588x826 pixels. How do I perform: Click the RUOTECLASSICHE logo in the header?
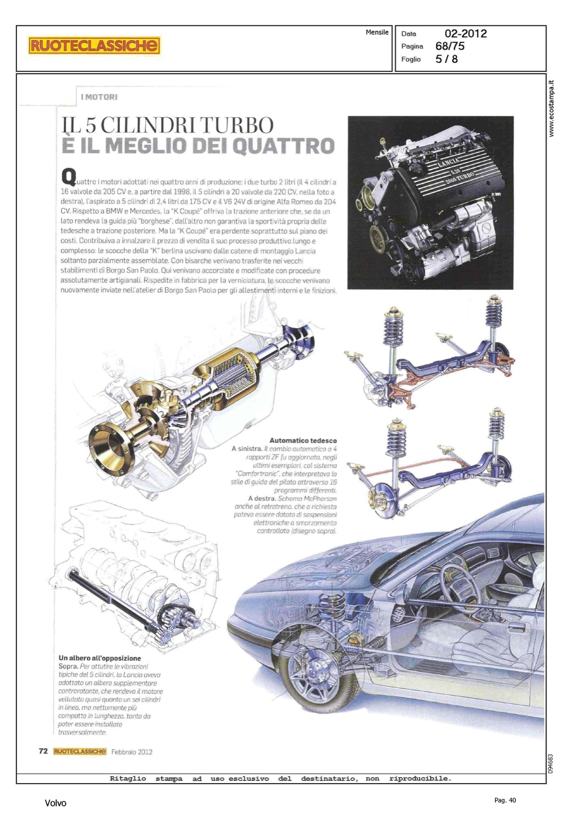tap(94, 46)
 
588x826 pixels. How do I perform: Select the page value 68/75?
tap(450, 46)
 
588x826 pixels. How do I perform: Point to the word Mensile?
tap(377, 32)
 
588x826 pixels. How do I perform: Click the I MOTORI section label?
tap(99, 97)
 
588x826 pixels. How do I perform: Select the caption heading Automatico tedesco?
tap(303, 441)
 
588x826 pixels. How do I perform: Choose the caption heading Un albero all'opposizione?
tap(100, 658)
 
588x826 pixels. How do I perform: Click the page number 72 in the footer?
tap(43, 751)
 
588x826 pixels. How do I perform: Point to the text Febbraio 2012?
tap(132, 752)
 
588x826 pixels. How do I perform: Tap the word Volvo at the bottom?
tap(55, 803)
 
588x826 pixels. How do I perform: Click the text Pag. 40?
tap(505, 800)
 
